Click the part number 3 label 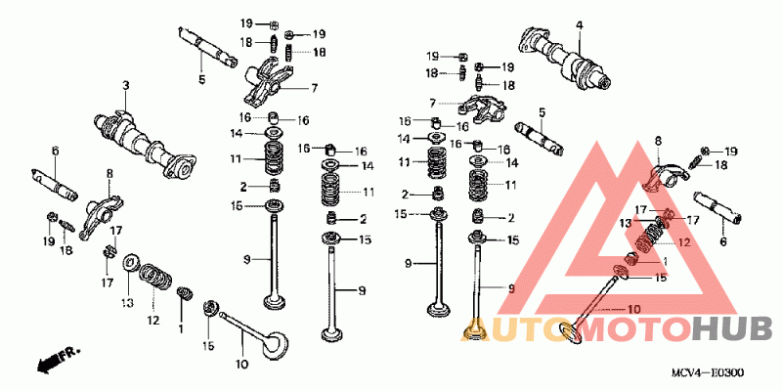coord(125,87)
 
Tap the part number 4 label coord(579,24)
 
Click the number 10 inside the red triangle coord(632,309)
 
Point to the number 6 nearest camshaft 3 coord(55,150)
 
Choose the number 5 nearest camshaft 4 coord(541,111)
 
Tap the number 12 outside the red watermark coord(152,320)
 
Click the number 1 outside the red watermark coord(181,328)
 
